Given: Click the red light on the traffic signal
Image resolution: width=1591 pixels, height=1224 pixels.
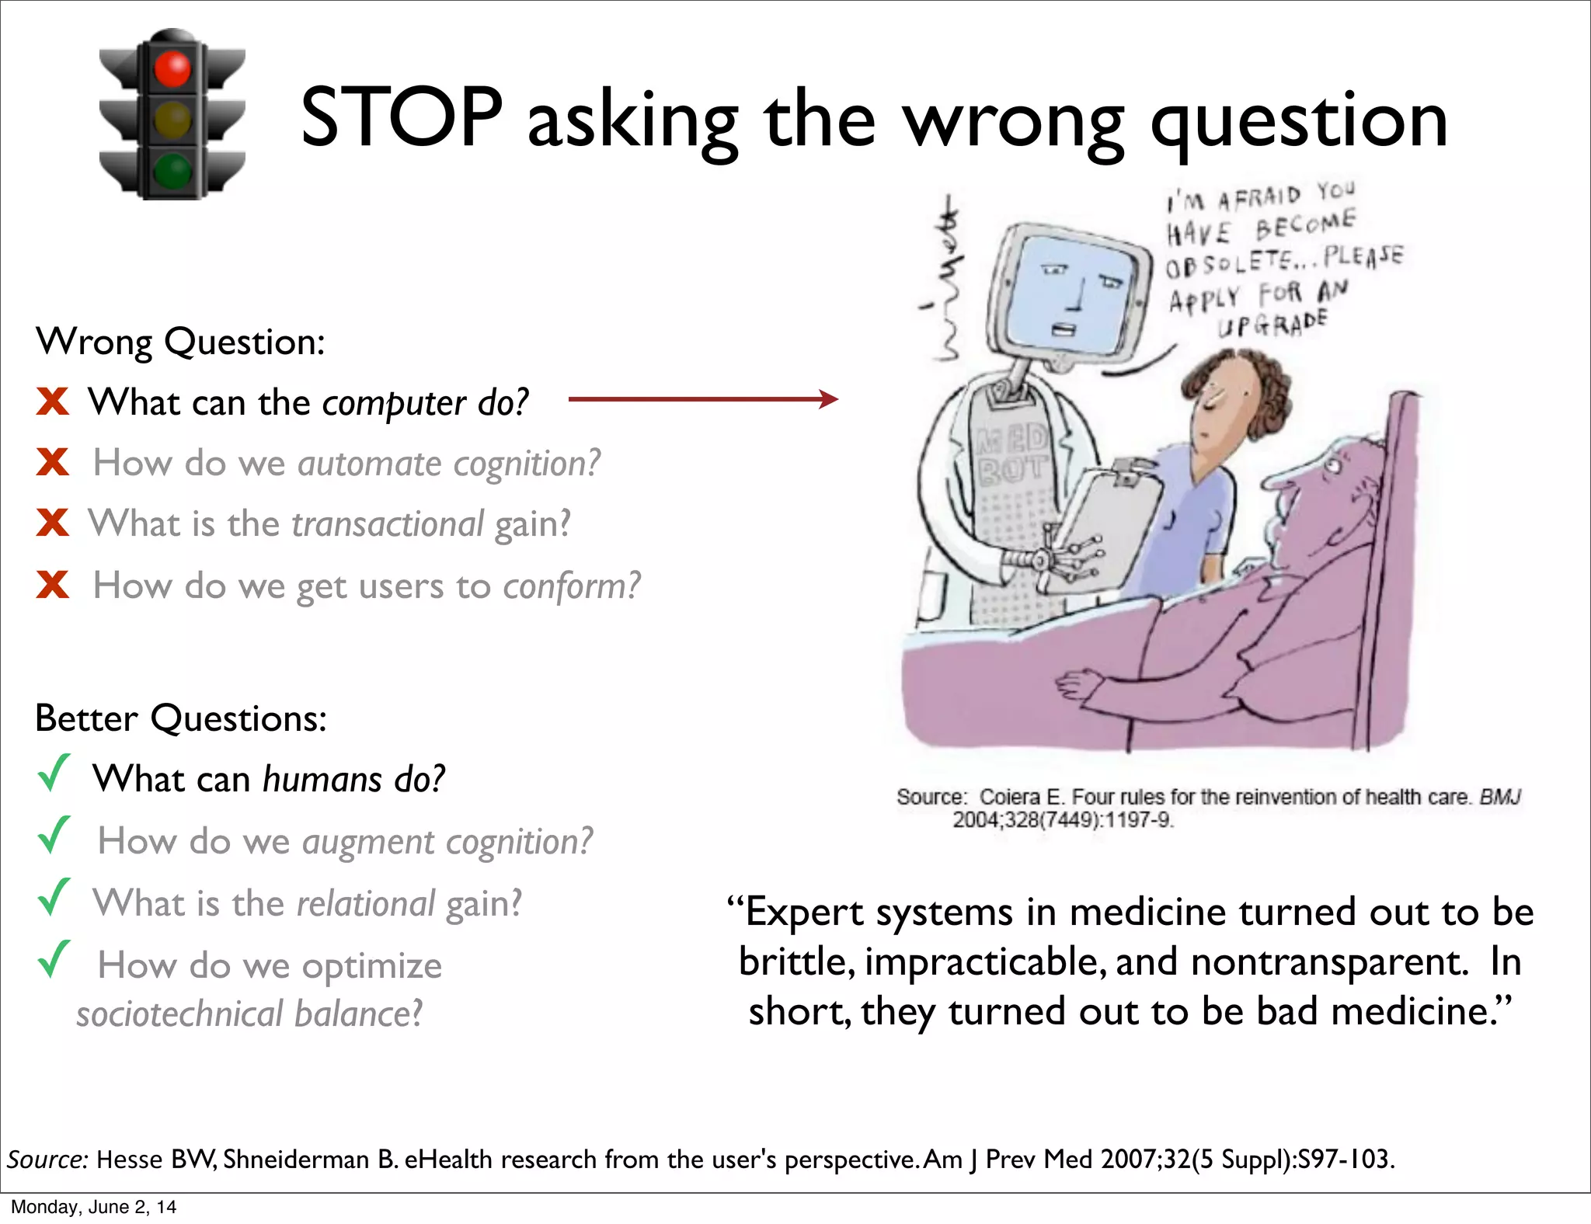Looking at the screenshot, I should coord(172,68).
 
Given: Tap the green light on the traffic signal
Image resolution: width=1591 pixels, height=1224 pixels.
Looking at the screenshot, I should coord(172,170).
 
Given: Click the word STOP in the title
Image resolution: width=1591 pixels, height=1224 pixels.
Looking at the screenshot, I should coord(401,117).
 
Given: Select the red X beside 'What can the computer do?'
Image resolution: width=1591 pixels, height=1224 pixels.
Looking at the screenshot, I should coord(53,402).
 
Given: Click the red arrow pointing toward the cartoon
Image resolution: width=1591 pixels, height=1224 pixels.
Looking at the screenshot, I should coord(703,400).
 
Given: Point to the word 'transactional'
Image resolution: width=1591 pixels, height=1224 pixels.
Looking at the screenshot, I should coord(387,524).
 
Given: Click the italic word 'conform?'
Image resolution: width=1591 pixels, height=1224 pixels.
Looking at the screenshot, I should coord(572,586).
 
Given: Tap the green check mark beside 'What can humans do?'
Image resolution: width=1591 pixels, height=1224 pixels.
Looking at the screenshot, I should coord(54,774).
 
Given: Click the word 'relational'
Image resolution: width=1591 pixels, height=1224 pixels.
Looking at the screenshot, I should coord(365,904).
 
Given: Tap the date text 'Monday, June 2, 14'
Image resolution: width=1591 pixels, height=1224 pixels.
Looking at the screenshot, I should coord(93,1207).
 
